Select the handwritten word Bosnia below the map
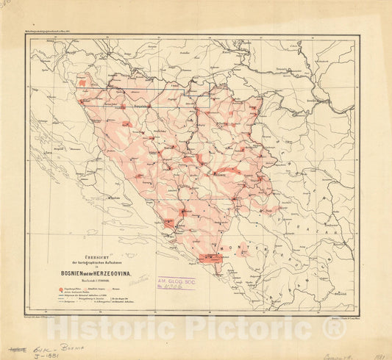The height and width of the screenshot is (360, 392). [71, 341]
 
